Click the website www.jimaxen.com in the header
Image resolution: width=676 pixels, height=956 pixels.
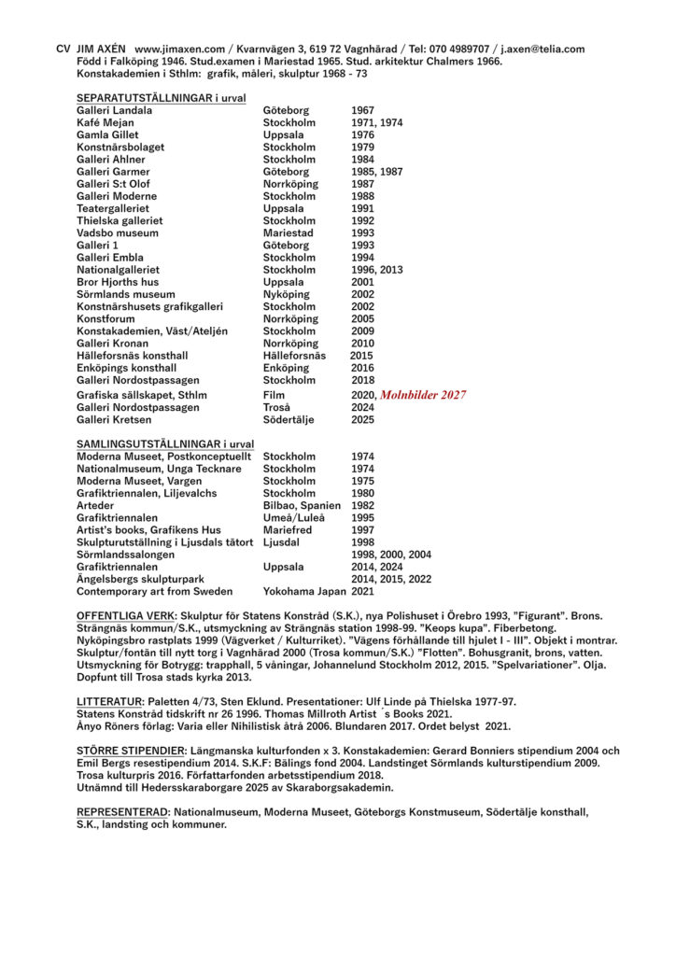[x=181, y=49]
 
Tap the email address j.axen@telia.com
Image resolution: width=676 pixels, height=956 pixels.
[x=542, y=49]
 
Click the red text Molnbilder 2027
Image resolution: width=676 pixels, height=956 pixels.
[x=422, y=395]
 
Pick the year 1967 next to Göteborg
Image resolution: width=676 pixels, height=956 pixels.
[x=362, y=110]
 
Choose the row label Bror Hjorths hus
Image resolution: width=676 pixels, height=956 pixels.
[x=118, y=282]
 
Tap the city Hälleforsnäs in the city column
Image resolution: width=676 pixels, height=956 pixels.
[x=294, y=356]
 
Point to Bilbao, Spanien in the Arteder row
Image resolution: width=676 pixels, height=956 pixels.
[x=302, y=505]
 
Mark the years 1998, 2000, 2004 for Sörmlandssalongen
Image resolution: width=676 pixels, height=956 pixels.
[x=391, y=554]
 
